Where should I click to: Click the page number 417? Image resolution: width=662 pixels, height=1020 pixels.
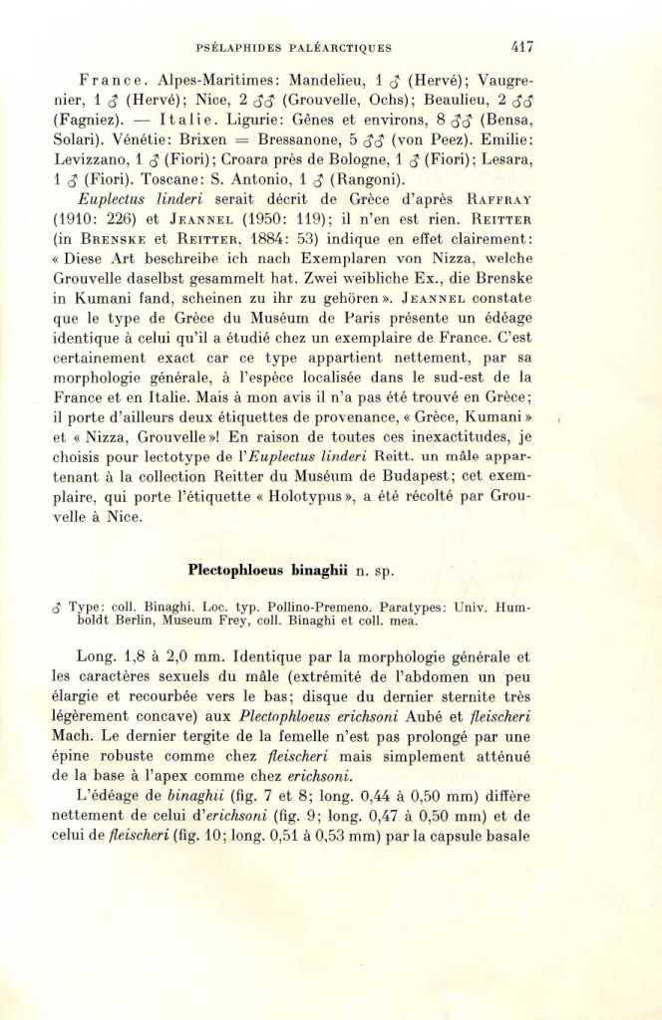pyautogui.click(x=521, y=46)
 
